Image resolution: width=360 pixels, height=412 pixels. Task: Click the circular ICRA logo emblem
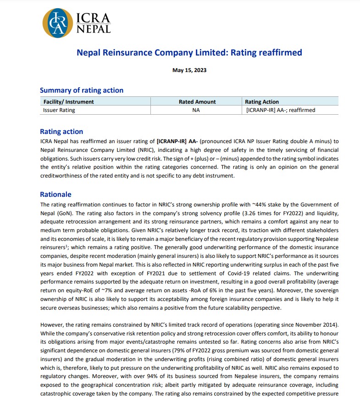click(x=58, y=22)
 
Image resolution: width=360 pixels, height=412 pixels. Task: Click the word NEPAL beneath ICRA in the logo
click(x=93, y=29)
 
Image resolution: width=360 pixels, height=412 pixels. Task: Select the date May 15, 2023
click(x=189, y=70)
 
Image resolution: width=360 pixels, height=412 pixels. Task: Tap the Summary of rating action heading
click(x=82, y=90)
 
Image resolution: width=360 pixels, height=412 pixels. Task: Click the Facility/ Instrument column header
click(x=68, y=102)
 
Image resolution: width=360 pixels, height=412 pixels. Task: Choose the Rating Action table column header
click(x=262, y=102)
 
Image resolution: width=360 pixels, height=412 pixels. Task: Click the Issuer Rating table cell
click(x=59, y=110)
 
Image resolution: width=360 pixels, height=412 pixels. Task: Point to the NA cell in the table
click(x=196, y=110)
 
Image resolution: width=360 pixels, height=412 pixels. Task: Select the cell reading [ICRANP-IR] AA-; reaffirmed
click(x=281, y=110)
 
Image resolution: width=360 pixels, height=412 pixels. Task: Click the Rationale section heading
click(x=55, y=195)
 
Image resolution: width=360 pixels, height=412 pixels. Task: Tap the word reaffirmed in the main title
click(x=279, y=53)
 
